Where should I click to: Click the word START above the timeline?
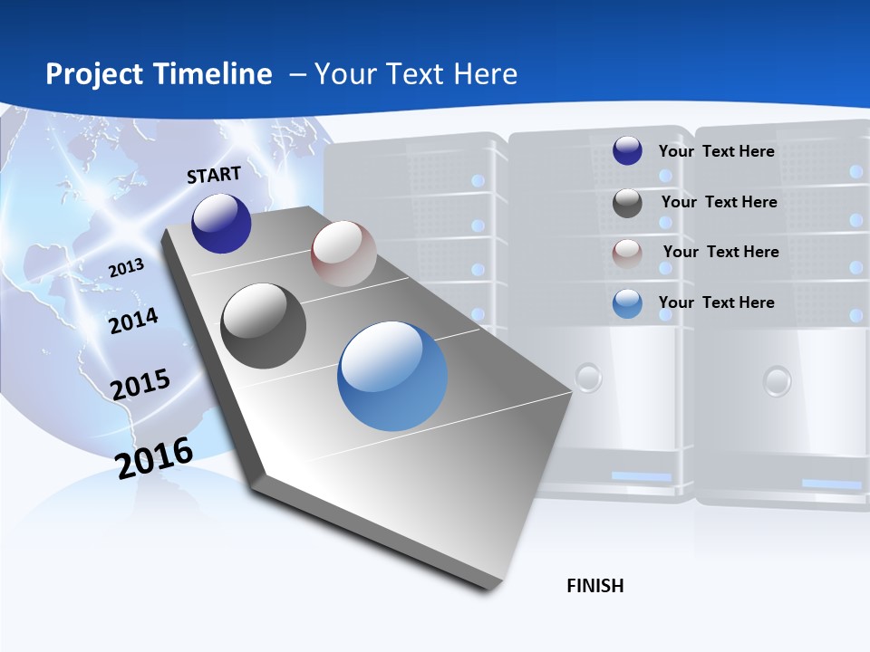point(214,175)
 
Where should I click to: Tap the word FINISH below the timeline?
point(595,586)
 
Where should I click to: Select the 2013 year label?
point(127,268)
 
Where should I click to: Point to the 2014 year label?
point(133,321)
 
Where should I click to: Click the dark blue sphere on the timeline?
point(221,224)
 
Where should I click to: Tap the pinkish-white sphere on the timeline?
point(343,254)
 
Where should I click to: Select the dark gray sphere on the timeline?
point(264,326)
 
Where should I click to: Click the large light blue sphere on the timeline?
point(392,376)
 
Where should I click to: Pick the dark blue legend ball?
point(627,150)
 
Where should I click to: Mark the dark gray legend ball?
point(627,203)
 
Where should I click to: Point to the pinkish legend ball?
point(627,254)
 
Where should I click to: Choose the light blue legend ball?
point(627,303)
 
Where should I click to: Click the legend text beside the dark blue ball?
point(716,151)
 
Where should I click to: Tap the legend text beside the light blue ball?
point(716,302)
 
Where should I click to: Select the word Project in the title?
point(95,74)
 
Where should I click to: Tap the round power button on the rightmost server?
point(777,379)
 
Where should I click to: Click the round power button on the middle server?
point(589,376)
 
